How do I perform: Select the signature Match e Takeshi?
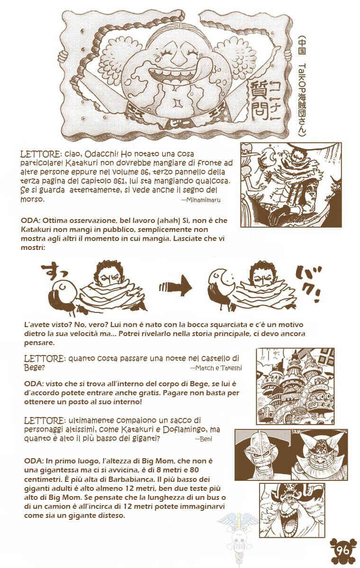tap(216, 368)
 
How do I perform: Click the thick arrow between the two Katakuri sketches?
tap(175, 287)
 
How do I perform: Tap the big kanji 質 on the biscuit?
tap(258, 91)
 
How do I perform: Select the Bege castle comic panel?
tap(295, 386)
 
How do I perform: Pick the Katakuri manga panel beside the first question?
tap(291, 185)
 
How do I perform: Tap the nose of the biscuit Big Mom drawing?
tap(175, 59)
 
